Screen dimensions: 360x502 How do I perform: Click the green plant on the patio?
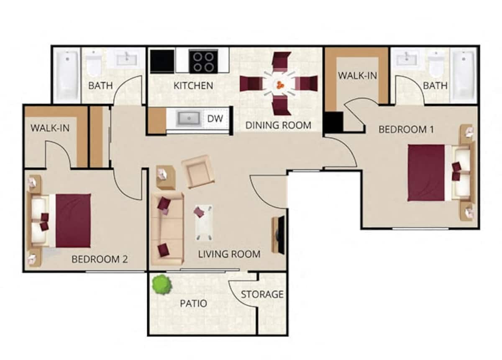point(161,285)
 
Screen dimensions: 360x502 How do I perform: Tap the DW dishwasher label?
point(215,118)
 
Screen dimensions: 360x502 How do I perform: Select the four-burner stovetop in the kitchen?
point(203,61)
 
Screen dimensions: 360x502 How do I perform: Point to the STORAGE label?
point(262,294)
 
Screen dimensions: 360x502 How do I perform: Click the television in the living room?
point(280,235)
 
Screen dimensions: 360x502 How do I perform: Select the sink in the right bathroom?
point(407,59)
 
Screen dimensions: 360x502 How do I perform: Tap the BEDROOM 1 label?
point(406,129)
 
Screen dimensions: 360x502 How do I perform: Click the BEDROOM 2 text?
point(99,259)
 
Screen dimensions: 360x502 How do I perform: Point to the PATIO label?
point(193,303)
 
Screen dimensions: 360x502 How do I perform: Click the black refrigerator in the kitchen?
point(162,61)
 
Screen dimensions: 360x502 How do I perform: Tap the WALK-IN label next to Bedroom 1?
point(357,76)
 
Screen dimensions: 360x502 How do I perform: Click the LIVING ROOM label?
point(229,254)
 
